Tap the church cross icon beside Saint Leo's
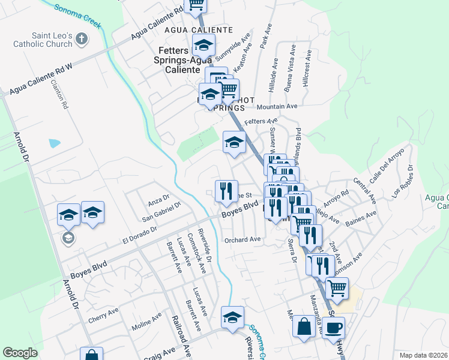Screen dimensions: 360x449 coord(82,40)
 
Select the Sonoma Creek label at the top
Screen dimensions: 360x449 coord(77,16)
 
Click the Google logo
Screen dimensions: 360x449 coord(20,353)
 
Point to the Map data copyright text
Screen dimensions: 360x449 coord(424,355)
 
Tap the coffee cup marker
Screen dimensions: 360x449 coord(334,328)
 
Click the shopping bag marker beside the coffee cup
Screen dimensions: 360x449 coord(304,328)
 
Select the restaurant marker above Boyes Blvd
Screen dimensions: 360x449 coord(226,191)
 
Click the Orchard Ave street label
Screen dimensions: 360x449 coord(243,239)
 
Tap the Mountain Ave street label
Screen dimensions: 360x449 coord(277,106)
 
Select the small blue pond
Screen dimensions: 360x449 coord(55,143)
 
